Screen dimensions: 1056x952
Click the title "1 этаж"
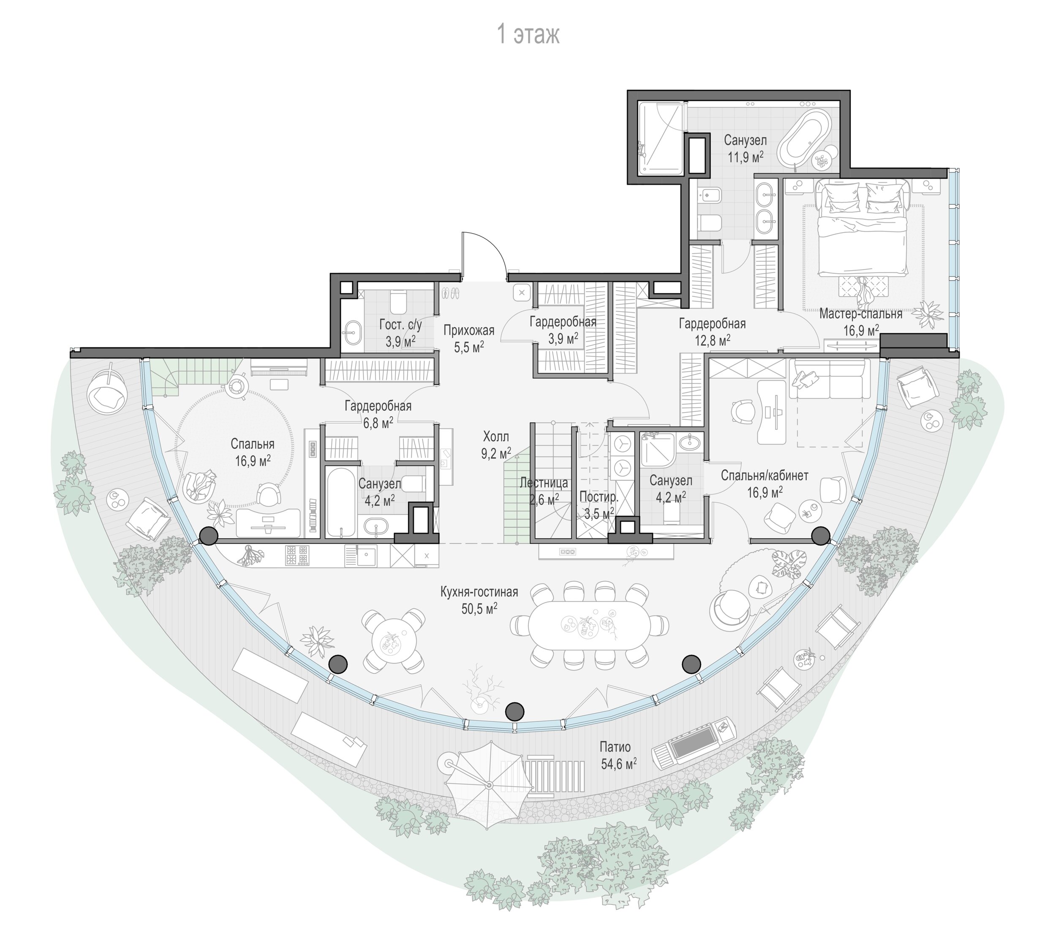point(528,35)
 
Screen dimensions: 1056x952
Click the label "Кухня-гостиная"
point(479,591)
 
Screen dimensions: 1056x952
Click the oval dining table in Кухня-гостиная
point(589,626)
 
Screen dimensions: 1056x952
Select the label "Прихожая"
point(469,331)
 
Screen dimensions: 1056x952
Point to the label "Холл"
point(495,436)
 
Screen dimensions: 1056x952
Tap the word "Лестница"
point(544,483)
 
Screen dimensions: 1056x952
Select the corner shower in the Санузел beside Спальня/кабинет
point(657,449)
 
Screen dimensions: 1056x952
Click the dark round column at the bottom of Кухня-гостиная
point(515,711)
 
